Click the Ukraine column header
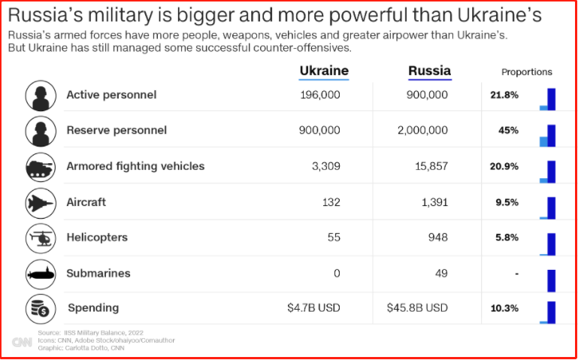click(324, 71)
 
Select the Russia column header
click(429, 71)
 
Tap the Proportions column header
click(526, 72)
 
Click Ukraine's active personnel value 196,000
click(319, 95)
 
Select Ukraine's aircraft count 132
click(331, 202)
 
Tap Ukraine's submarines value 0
click(337, 273)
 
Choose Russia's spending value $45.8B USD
click(418, 308)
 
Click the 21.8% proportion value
click(504, 95)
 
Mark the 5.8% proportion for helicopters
click(507, 237)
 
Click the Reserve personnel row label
click(117, 130)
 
